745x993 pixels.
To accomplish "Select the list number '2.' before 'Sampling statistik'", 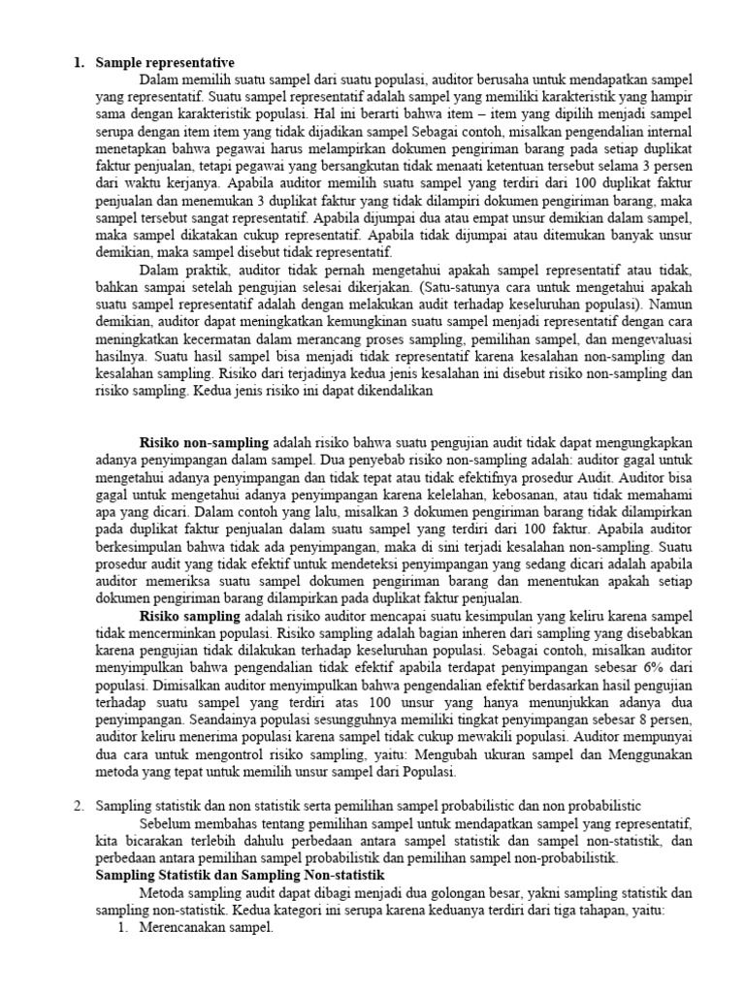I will point(81,807).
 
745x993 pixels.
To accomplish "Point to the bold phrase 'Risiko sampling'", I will point(189,616).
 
